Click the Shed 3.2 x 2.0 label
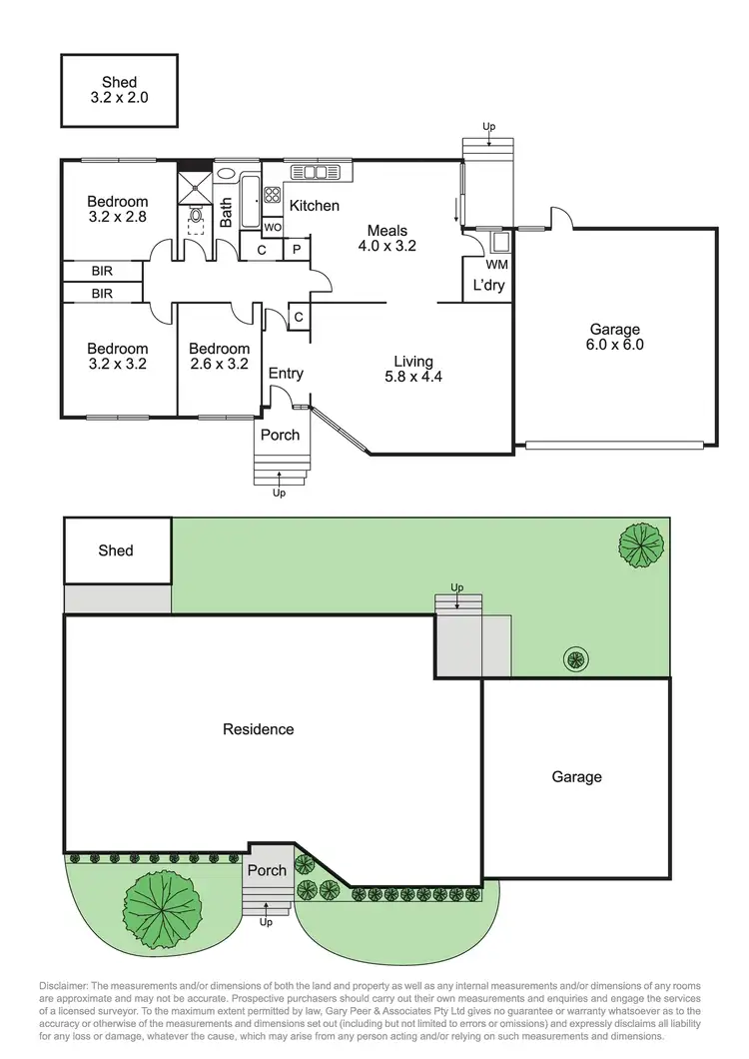[x=119, y=90]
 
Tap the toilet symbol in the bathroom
[x=196, y=214]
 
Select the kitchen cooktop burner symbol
[x=272, y=195]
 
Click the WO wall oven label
[x=274, y=228]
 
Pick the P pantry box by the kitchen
[x=297, y=250]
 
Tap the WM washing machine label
[x=496, y=265]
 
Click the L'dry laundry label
[x=488, y=286]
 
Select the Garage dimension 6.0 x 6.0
[x=613, y=345]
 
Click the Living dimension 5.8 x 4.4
[x=412, y=377]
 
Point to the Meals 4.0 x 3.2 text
[x=386, y=238]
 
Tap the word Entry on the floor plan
[x=286, y=374]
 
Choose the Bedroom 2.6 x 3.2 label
[x=219, y=357]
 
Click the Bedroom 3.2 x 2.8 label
[x=118, y=209]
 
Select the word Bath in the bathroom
[x=227, y=211]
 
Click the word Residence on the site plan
[x=258, y=729]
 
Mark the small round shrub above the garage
[x=576, y=658]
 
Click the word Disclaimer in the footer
[x=64, y=985]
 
